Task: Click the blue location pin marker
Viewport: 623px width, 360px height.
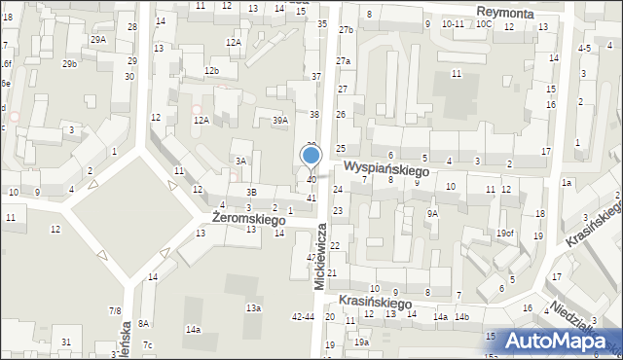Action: point(311,156)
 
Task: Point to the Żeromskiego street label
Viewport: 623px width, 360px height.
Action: point(241,221)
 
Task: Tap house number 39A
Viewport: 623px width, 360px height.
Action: point(280,120)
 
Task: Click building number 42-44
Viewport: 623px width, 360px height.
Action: point(303,317)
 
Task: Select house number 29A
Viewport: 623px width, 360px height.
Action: point(98,39)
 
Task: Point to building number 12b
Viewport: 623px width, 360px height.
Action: point(211,71)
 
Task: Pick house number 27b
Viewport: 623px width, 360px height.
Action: point(346,30)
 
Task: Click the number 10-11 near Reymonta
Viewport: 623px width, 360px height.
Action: point(453,23)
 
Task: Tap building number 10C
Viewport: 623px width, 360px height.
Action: point(484,23)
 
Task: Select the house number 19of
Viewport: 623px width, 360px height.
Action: point(504,233)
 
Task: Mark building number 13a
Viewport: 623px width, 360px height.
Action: point(253,307)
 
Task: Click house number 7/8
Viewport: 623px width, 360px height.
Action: point(115,310)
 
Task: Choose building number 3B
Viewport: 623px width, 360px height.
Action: point(250,192)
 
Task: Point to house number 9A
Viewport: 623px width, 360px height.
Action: point(432,213)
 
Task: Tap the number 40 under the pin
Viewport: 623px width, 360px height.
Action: point(311,180)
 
